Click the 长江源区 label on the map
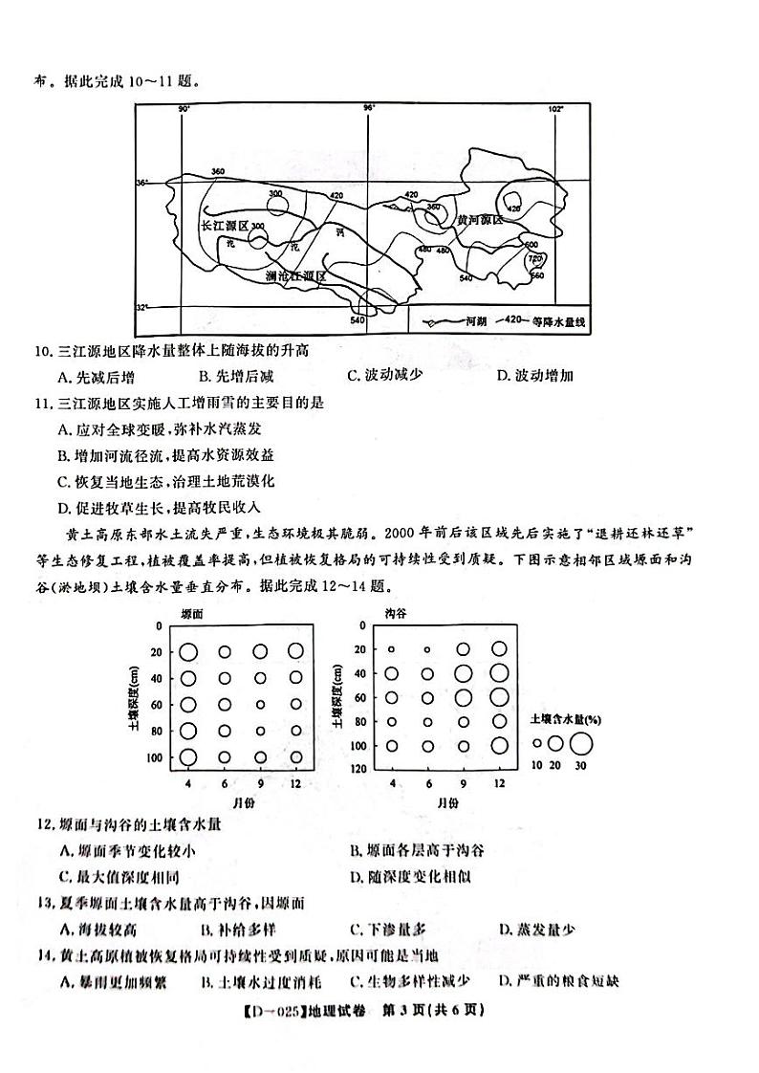pyautogui.click(x=224, y=226)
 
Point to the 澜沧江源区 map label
pyautogui.click(x=295, y=275)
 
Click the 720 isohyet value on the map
pyautogui.click(x=534, y=259)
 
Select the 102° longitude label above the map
pyautogui.click(x=555, y=109)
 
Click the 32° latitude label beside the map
pyautogui.click(x=142, y=307)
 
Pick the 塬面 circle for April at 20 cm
pyautogui.click(x=188, y=652)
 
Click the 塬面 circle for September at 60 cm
pyautogui.click(x=260, y=705)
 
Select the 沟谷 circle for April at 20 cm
pyautogui.click(x=391, y=649)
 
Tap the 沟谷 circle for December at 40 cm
pyautogui.click(x=499, y=673)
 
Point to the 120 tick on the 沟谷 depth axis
pyautogui.click(x=359, y=769)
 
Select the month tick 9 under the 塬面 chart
pyautogui.click(x=260, y=783)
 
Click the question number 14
pyautogui.click(x=42, y=954)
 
